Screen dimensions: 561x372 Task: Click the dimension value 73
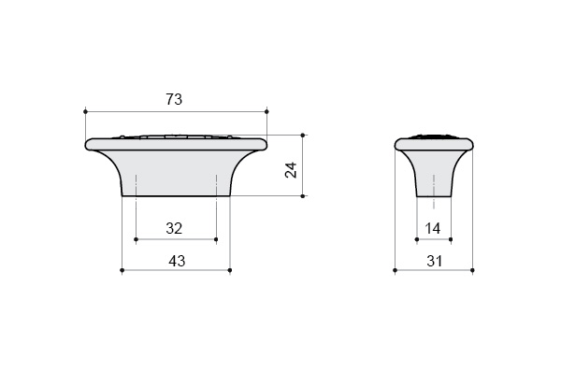[x=174, y=99]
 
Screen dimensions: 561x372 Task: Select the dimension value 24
[x=291, y=170]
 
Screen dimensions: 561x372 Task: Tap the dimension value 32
[x=174, y=228]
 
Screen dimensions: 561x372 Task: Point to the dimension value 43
[x=177, y=261]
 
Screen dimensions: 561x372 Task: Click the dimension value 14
[x=433, y=228]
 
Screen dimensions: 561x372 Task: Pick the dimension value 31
[x=435, y=261]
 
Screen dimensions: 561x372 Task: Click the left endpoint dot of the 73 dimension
[x=85, y=111]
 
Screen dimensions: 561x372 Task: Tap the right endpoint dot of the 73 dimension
[x=266, y=111]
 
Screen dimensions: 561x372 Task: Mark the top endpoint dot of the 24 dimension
[x=303, y=136]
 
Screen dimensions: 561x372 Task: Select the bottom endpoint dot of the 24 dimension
[x=303, y=196]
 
